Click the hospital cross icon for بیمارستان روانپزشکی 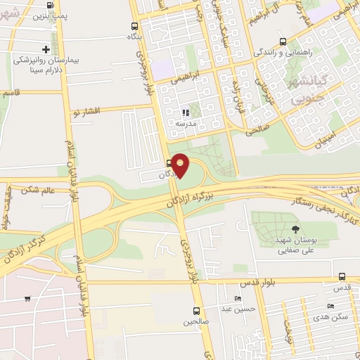[x=46, y=49]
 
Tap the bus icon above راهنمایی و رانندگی [x=283, y=41]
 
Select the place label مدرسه [x=185, y=124]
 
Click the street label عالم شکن [x=39, y=190]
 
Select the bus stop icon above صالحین [x=197, y=310]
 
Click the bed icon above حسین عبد [x=236, y=297]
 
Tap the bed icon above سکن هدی [x=330, y=307]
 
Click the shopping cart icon [x=27, y=298]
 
